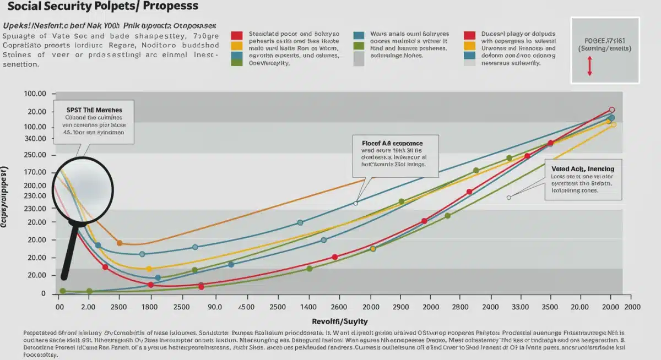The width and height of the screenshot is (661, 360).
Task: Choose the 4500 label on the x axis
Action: pyautogui.click(x=246, y=307)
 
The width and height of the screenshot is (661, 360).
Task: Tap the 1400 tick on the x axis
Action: pyautogui.click(x=308, y=307)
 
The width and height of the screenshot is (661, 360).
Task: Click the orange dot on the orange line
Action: pyautogui.click(x=120, y=243)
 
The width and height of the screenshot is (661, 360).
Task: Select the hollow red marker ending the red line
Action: pyautogui.click(x=611, y=110)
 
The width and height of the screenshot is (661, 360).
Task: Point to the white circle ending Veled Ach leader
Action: pyautogui.click(x=508, y=198)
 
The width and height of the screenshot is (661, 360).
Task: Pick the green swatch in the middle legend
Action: pyautogui.click(x=359, y=45)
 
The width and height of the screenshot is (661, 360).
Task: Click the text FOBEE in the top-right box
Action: pyautogui.click(x=605, y=41)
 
